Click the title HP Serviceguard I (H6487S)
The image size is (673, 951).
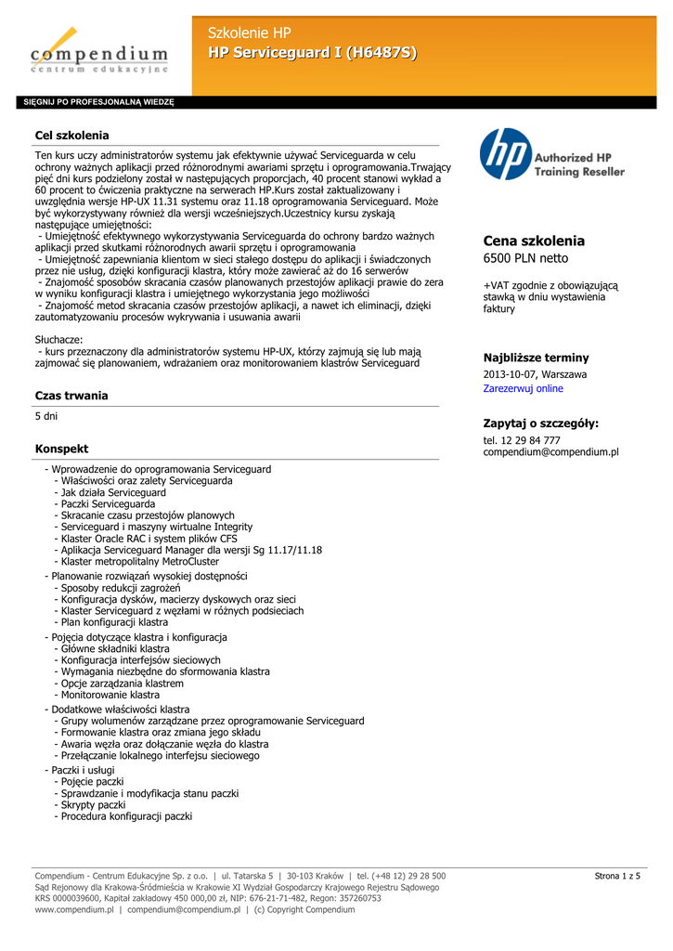click(x=312, y=54)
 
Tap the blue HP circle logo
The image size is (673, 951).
click(x=506, y=154)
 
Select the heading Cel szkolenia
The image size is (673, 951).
click(x=71, y=136)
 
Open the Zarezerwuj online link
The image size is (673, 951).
click(x=523, y=388)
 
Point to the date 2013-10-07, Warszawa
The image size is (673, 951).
click(x=535, y=374)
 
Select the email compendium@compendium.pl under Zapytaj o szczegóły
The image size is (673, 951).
click(x=550, y=452)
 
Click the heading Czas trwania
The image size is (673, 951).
click(x=71, y=396)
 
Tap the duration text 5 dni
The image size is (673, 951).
click(x=45, y=417)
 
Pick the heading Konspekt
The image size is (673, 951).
click(x=61, y=449)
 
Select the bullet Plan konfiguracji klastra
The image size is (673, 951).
click(x=114, y=622)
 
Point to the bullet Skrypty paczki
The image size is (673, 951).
click(x=93, y=805)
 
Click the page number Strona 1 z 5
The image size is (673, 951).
click(x=617, y=876)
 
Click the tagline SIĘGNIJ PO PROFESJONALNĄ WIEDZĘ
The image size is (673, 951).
click(x=98, y=102)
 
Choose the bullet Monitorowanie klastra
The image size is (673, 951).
click(x=110, y=695)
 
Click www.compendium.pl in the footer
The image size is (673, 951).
click(x=74, y=910)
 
